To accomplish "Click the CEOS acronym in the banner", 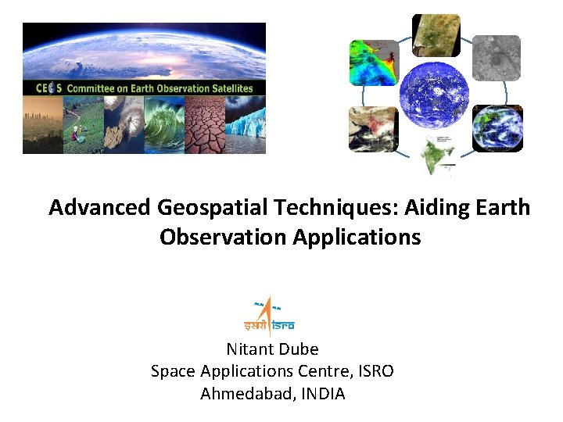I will [x=48, y=88].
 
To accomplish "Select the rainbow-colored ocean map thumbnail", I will [x=373, y=63].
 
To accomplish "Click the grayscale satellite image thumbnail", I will [x=496, y=58].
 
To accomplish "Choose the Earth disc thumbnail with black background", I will [x=497, y=128].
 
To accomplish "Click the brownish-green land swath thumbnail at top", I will [x=436, y=35].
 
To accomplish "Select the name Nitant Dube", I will [x=272, y=349].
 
